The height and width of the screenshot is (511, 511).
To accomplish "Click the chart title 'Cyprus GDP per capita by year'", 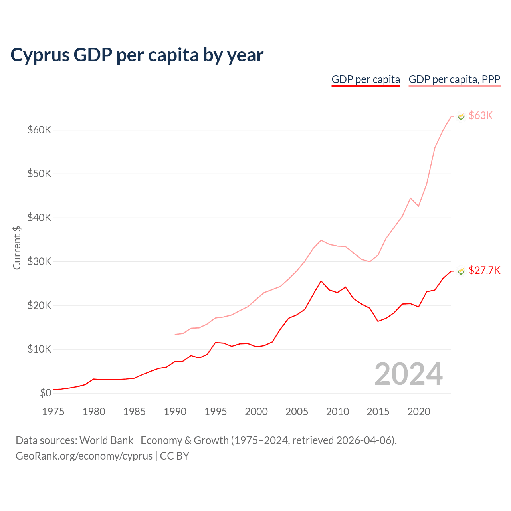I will (137, 55).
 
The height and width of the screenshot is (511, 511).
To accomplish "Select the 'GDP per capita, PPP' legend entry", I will (454, 79).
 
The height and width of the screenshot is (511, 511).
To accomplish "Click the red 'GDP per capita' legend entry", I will (366, 79).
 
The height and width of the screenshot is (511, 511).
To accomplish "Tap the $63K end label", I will (481, 115).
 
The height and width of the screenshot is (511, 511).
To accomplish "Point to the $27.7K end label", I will (484, 270).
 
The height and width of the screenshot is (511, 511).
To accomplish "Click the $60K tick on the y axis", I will (39, 130).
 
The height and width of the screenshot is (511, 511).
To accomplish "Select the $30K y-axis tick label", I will (39, 261).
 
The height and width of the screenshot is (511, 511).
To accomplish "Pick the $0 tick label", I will (46, 393).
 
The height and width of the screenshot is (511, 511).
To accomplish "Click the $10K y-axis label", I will (39, 349).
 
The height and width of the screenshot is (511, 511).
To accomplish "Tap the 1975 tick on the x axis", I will (53, 412).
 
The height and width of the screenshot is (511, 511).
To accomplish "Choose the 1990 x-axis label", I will (175, 412).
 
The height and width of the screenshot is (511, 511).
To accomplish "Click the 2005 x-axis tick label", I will (297, 412).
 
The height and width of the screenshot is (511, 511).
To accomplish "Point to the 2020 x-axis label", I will (418, 412).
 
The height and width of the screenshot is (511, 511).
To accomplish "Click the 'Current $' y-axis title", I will (17, 248).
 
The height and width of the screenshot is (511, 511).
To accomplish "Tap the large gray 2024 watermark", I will (408, 374).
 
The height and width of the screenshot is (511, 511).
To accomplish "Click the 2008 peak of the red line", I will (321, 281).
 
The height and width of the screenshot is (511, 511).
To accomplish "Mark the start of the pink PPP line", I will (175, 334).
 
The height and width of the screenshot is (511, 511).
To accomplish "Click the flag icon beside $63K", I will (461, 116).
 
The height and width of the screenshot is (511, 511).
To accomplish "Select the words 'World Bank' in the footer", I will (106, 440).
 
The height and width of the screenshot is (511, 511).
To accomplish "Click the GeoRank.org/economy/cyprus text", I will (84, 456).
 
